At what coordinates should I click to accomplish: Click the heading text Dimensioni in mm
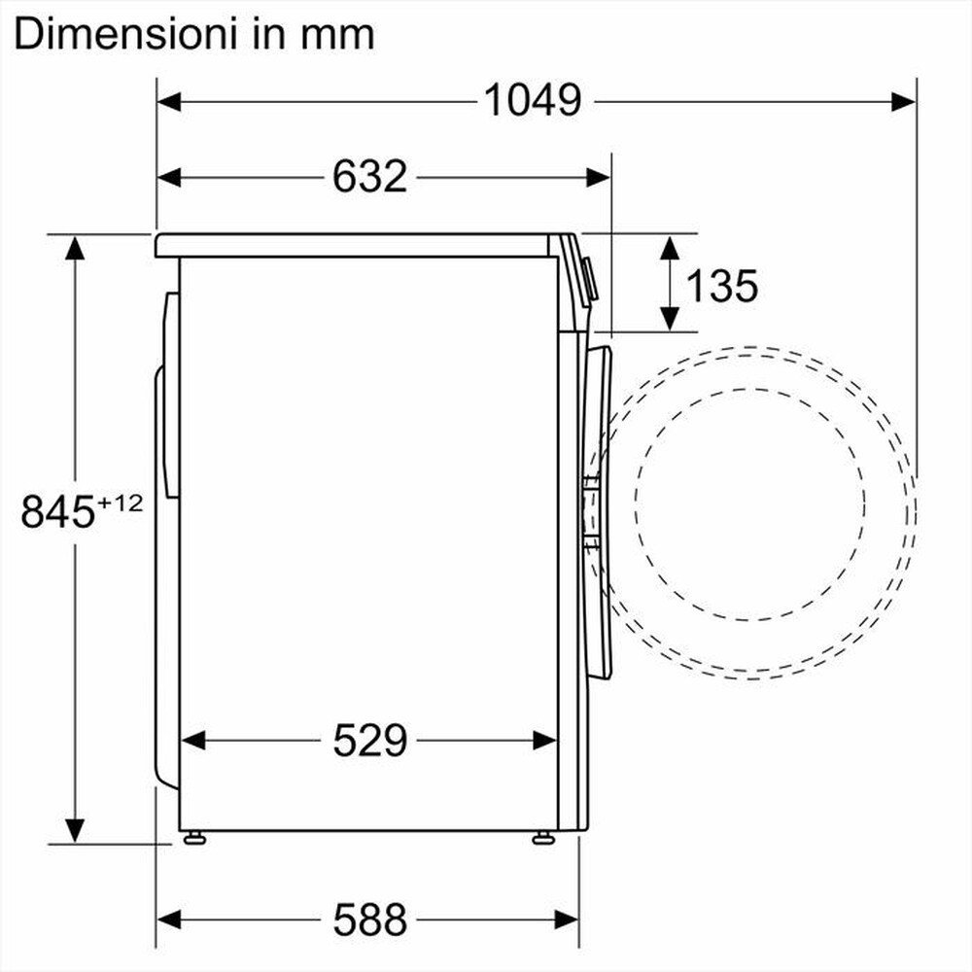click(x=194, y=34)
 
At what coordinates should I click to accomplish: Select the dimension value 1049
click(x=533, y=99)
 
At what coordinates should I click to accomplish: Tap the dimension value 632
click(x=369, y=176)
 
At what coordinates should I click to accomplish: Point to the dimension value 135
click(x=721, y=286)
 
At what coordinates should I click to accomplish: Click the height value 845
click(x=57, y=512)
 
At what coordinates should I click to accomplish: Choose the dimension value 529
click(x=369, y=742)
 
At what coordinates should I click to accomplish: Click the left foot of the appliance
click(x=195, y=837)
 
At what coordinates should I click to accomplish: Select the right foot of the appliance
click(x=542, y=837)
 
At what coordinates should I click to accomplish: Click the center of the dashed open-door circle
click(x=750, y=496)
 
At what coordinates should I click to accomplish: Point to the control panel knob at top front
click(x=589, y=278)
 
